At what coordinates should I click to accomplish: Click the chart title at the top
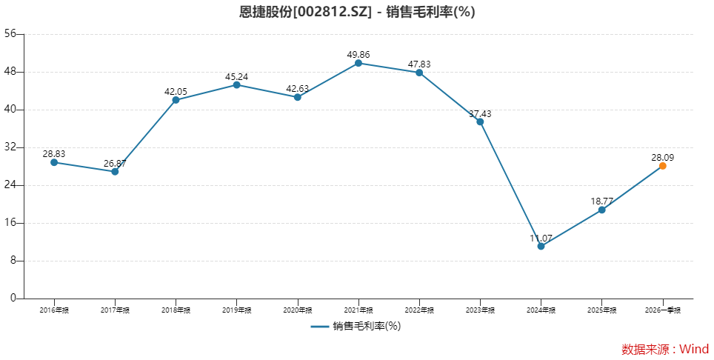(357, 13)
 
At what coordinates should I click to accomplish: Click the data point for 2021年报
(358, 63)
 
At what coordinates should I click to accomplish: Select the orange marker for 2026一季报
(662, 166)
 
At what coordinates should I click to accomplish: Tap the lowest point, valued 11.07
(541, 246)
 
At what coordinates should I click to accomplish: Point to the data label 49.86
(358, 54)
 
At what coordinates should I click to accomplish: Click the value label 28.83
(54, 153)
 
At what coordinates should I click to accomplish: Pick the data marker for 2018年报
(176, 100)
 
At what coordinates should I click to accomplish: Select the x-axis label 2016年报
(54, 310)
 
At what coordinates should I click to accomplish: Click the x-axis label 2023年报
(480, 310)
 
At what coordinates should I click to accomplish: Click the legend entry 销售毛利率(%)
(356, 326)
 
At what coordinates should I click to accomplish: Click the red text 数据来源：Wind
(664, 349)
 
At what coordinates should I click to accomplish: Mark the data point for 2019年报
(236, 84)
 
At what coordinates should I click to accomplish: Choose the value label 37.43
(480, 113)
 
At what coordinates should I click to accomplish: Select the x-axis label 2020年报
(297, 310)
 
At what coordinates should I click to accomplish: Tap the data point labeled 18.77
(601, 210)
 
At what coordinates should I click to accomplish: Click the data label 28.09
(662, 157)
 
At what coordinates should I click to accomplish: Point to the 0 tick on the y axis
(13, 299)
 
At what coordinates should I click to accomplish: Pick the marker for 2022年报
(419, 73)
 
